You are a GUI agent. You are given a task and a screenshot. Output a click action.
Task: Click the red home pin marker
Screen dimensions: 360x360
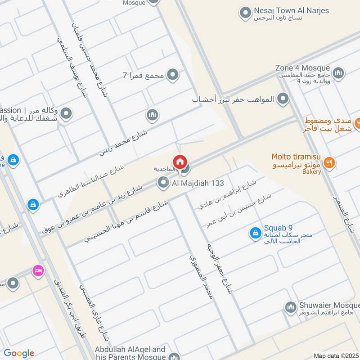pos(180,162)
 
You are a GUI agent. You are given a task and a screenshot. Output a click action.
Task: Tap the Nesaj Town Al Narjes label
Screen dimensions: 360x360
pos(291,11)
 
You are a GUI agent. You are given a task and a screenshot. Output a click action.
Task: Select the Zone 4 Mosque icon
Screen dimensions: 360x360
pos(338,72)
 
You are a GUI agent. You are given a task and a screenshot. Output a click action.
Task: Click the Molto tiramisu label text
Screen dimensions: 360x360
pos(296,157)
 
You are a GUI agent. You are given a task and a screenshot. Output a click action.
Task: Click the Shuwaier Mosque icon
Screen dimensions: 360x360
pos(290,308)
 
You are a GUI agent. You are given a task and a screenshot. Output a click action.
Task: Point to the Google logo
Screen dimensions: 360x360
pos(19,353)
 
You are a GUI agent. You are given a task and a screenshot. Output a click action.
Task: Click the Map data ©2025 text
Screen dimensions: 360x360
pos(336,355)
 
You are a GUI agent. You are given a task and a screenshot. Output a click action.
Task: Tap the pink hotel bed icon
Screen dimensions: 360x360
pos(38,270)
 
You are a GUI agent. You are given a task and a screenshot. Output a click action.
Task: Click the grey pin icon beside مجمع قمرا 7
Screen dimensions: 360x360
pos(172,75)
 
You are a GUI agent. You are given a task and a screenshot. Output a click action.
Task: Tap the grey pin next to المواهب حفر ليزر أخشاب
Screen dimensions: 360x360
pos(283,98)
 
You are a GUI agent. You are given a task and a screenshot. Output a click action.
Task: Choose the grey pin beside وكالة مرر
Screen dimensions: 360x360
pos(66,114)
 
